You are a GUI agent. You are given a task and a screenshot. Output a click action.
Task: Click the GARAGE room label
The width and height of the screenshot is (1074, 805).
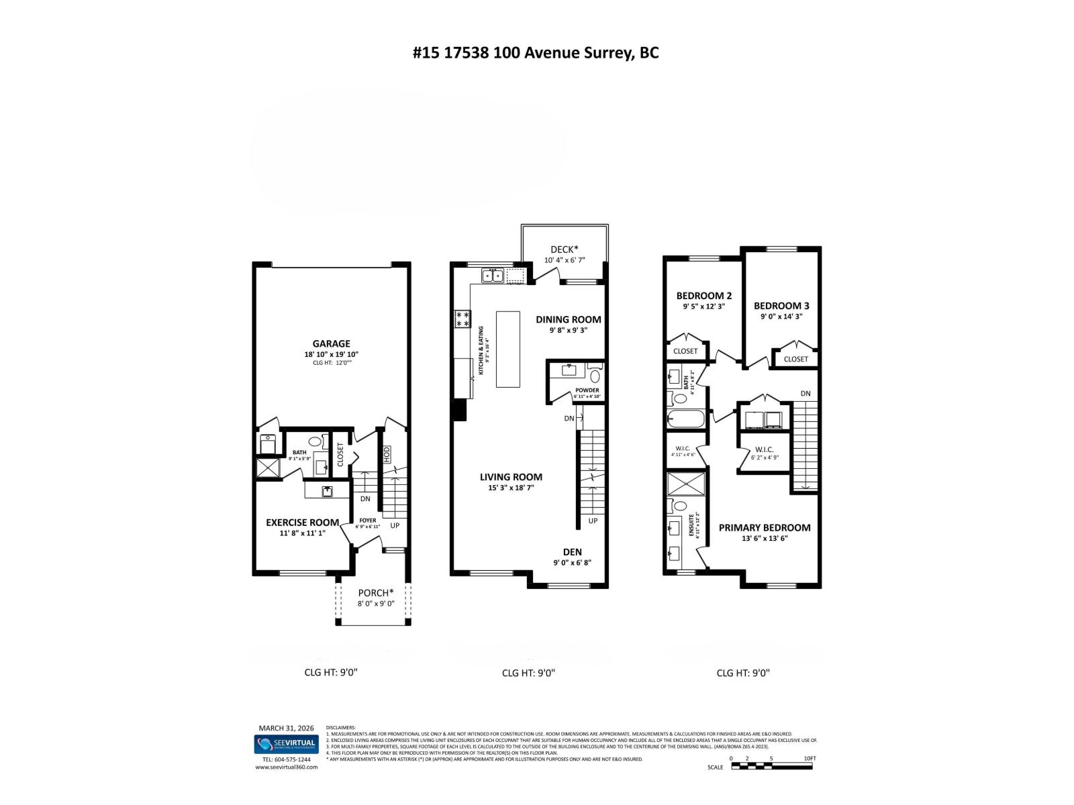tap(331, 344)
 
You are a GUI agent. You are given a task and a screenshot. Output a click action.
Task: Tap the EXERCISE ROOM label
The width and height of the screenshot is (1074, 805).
tap(302, 523)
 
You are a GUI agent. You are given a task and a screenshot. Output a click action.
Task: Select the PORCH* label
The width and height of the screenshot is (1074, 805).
tap(375, 593)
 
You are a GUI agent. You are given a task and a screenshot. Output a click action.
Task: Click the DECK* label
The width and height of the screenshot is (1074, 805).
tap(564, 250)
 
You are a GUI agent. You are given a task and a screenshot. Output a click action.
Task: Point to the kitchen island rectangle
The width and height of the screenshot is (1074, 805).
tap(508, 349)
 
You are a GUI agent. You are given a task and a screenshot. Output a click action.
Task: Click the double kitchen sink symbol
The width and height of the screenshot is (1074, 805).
tap(492, 276)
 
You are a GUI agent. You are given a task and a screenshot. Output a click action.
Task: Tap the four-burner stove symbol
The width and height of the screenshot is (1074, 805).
tap(462, 319)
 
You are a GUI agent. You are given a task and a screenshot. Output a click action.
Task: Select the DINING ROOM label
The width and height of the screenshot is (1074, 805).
tap(568, 319)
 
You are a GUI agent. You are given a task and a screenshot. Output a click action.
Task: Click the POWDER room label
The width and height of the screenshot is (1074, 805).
tap(587, 390)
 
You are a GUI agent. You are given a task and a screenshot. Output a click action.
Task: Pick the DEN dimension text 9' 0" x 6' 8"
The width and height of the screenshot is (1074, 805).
tap(572, 563)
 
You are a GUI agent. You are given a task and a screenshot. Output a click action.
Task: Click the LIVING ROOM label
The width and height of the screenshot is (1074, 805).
tap(511, 477)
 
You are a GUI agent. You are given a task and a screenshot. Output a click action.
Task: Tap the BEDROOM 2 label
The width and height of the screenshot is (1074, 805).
tap(703, 296)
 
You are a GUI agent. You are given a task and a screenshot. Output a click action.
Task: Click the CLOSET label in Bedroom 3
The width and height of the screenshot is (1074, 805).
tap(795, 359)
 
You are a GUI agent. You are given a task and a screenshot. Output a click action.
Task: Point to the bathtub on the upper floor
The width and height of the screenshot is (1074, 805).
tap(686, 420)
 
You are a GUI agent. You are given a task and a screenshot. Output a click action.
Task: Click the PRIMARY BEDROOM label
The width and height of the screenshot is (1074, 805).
tap(765, 527)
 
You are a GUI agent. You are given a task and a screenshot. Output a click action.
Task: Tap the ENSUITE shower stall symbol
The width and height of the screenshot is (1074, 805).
tap(685, 482)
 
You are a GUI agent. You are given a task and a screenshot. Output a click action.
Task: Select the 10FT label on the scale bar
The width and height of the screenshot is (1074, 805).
tap(810, 758)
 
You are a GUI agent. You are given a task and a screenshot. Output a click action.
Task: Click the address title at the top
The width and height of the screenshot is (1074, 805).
tap(536, 53)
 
